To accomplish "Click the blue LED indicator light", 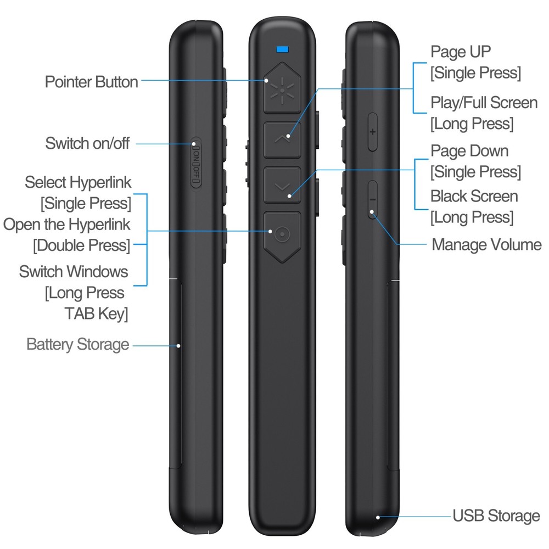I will point(283,49).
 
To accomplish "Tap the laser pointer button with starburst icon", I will point(282,87).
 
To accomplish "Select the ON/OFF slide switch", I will point(196,164).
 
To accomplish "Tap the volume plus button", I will point(373,132).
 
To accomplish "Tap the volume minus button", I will point(372,199).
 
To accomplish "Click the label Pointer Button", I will point(91,82).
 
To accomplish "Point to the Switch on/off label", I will point(87,144).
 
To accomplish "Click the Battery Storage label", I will point(78,345).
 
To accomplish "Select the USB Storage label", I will point(496,516).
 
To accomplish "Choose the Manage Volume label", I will point(486,244).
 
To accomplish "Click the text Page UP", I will point(461,52).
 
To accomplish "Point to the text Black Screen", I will point(474,196).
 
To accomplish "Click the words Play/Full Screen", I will point(484,103).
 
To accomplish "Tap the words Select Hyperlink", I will point(79,182).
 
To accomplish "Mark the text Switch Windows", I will point(74,271).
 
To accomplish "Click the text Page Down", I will point(469,151).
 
